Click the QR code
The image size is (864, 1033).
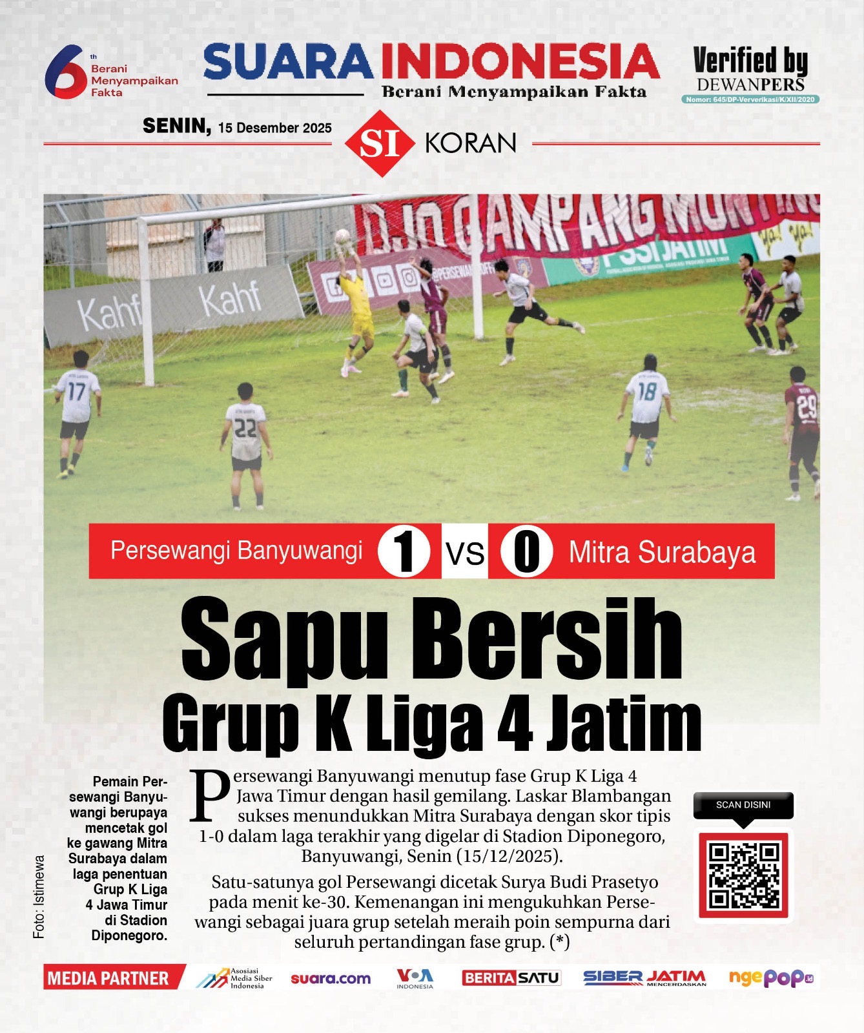743,875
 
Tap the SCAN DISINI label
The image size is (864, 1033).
743,805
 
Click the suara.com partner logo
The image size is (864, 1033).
331,979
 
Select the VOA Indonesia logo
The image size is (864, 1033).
415,978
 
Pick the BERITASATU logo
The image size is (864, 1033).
511,978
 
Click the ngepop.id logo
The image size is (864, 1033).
770,978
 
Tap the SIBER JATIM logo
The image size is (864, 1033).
644,978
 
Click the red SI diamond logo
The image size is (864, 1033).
380,143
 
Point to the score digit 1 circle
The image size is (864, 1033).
404,551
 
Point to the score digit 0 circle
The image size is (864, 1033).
527,551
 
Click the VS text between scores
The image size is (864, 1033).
465,553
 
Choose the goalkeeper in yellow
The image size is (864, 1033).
357,307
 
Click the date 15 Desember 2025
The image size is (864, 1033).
274,128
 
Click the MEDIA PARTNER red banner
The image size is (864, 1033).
108,978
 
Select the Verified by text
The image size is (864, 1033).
750,61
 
